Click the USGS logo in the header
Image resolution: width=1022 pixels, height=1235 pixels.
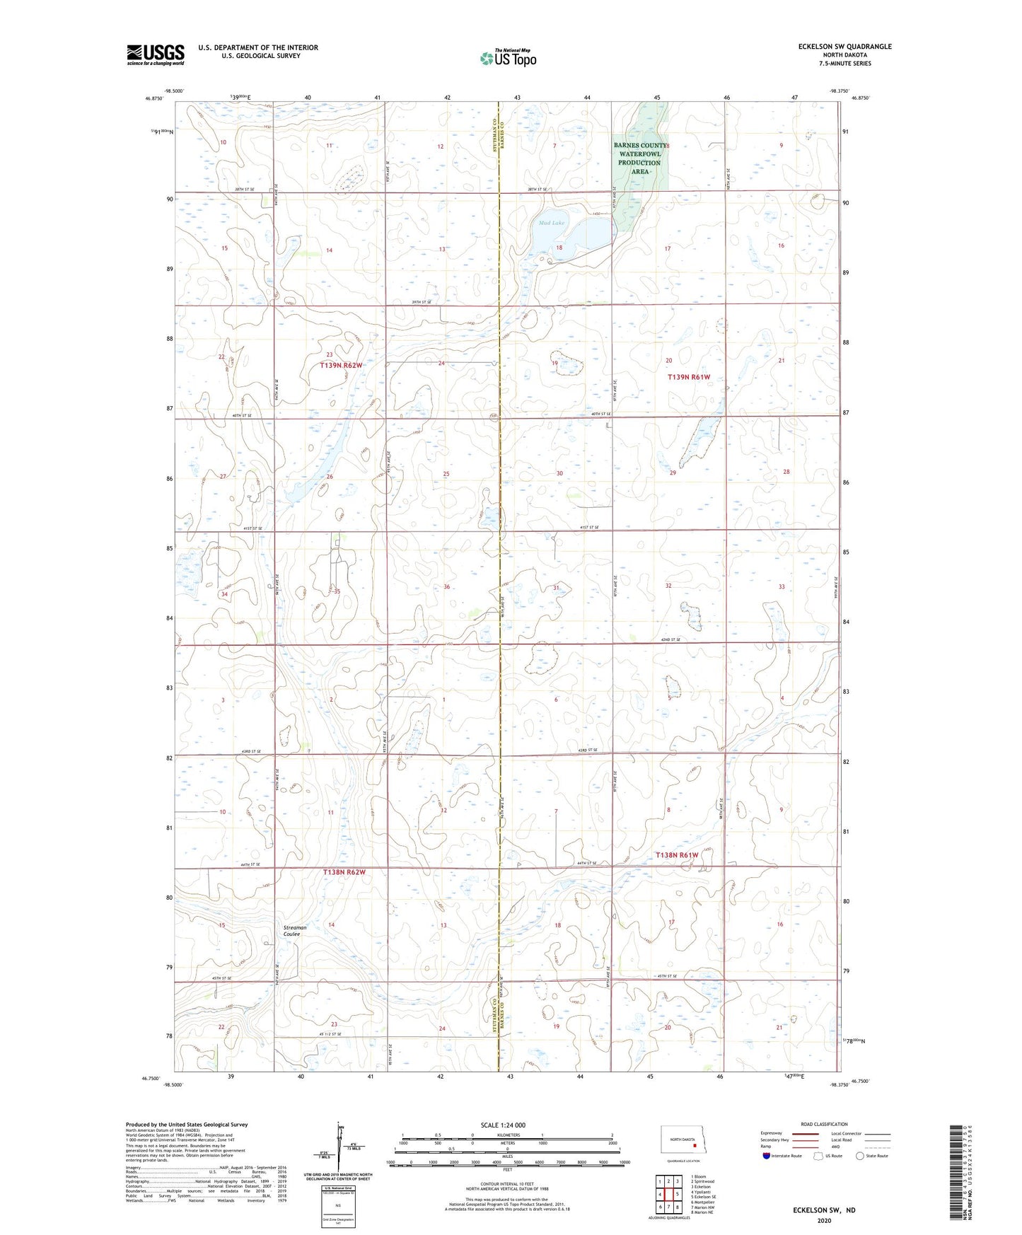click(155, 54)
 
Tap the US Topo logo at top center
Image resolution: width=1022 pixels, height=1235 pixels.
click(507, 58)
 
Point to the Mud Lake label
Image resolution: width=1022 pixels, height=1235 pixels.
click(552, 223)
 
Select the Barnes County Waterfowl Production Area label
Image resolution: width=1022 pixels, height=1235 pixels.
click(639, 158)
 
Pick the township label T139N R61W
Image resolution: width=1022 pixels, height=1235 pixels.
click(688, 378)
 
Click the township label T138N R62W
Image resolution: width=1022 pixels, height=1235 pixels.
click(344, 872)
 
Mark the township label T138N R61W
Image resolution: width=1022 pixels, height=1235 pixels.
click(676, 855)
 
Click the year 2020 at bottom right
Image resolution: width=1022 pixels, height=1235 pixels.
click(824, 1220)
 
